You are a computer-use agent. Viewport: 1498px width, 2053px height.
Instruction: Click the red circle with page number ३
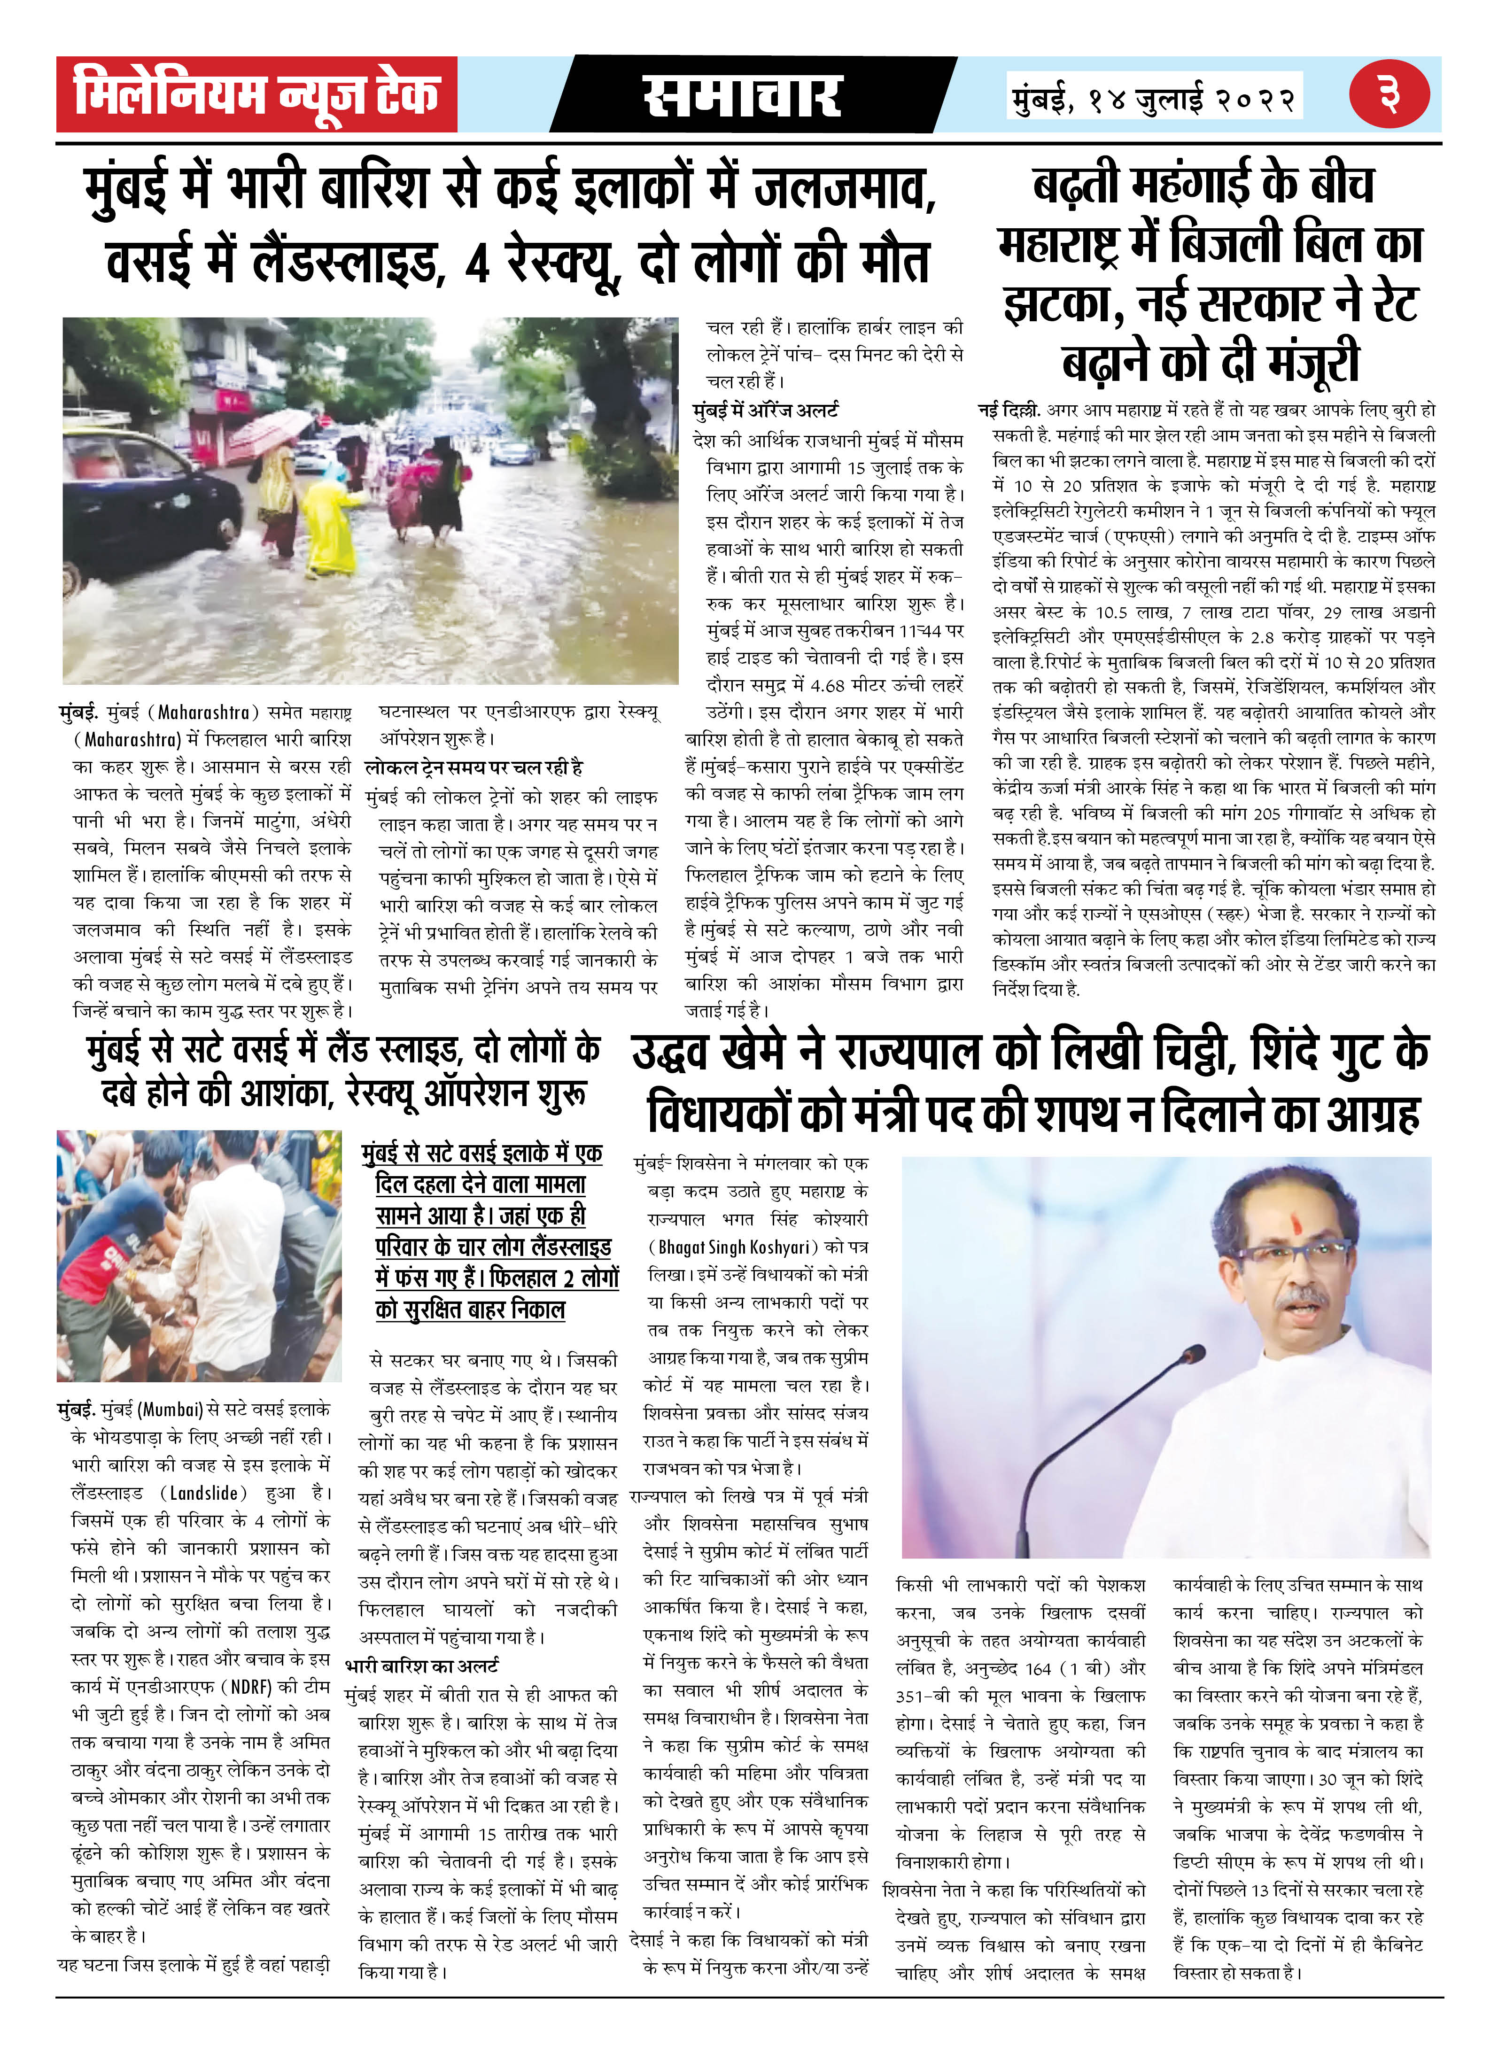pos(1388,94)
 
